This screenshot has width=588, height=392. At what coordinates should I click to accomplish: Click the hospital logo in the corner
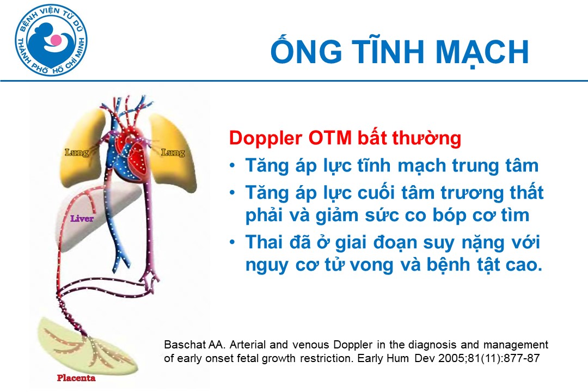tap(51, 40)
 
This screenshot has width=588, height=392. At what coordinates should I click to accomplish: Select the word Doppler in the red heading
tap(266, 139)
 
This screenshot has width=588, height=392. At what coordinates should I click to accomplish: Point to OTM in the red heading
tap(330, 138)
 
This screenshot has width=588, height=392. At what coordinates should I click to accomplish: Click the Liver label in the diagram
tap(82, 218)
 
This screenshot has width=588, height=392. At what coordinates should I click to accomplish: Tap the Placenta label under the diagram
tap(76, 378)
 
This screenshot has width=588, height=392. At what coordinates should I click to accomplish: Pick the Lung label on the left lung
tap(77, 152)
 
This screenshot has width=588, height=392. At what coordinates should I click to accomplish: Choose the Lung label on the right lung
tap(173, 152)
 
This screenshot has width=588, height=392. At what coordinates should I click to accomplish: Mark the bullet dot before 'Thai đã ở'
tap(232, 242)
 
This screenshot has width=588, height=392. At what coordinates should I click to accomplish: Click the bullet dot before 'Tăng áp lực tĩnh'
tap(232, 165)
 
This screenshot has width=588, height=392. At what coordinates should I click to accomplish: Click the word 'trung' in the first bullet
tap(473, 166)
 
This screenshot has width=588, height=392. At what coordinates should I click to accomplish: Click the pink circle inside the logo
tap(56, 40)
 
